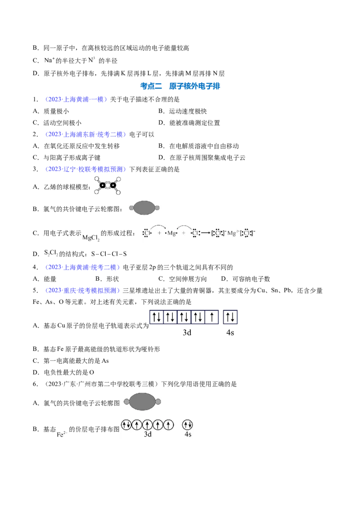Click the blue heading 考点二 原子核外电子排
click(x=180, y=86)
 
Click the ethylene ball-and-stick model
click(x=108, y=186)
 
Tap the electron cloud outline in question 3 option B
click(x=144, y=208)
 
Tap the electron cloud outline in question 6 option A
click(x=143, y=402)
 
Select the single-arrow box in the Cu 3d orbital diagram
click(x=212, y=317)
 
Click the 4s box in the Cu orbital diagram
click(x=230, y=317)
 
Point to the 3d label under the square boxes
click(x=187, y=332)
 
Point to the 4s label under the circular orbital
click(x=188, y=434)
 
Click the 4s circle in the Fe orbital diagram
click(x=188, y=424)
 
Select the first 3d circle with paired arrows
click(x=126, y=424)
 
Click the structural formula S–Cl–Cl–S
click(x=109, y=254)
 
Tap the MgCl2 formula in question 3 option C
click(x=91, y=238)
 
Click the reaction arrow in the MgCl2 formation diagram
click(x=205, y=233)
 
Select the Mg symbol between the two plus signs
click(x=171, y=233)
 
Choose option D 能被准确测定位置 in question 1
click(x=189, y=123)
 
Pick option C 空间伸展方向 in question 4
click(x=182, y=279)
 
